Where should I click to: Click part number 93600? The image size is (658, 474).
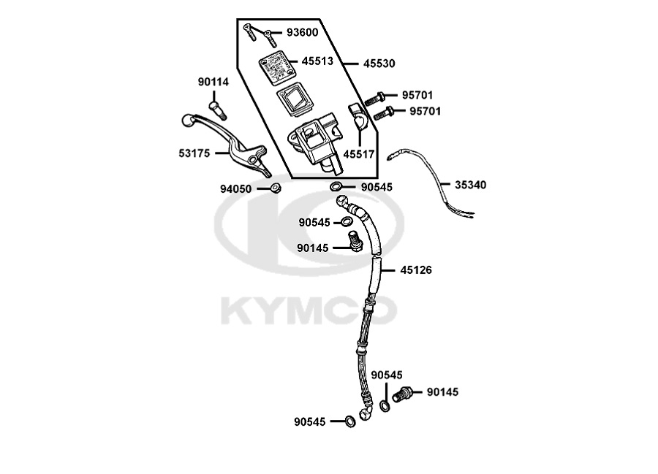[302, 32]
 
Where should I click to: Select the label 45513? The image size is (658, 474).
[317, 61]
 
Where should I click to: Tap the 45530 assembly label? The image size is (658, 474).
[379, 64]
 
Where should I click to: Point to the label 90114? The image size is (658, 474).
[213, 82]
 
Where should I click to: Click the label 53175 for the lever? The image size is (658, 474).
[194, 153]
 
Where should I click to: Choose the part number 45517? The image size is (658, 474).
[359, 154]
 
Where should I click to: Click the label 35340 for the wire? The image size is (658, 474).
[470, 185]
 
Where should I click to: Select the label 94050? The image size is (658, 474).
[236, 189]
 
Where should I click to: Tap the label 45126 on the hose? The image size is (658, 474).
[416, 270]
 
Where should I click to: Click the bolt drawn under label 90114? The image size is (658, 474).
[217, 110]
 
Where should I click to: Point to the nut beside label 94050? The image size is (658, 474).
[276, 188]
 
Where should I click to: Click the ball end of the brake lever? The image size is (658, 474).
[188, 121]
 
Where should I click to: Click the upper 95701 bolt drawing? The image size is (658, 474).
[375, 99]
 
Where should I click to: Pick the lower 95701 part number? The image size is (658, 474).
[425, 112]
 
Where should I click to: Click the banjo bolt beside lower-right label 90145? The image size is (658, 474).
[402, 394]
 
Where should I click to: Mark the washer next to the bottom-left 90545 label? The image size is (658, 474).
[350, 421]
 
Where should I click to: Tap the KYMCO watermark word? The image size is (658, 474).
[309, 311]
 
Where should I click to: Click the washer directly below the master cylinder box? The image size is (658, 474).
[336, 186]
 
